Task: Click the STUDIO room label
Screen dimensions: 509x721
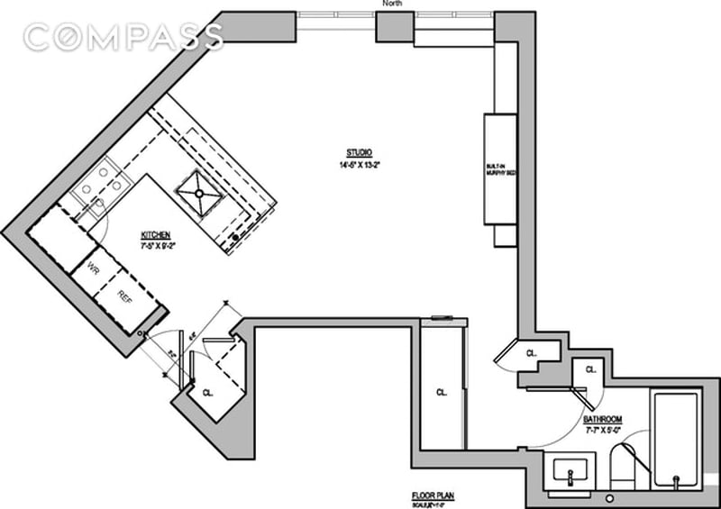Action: pyautogui.click(x=359, y=152)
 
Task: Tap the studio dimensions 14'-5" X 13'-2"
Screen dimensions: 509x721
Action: pyautogui.click(x=359, y=165)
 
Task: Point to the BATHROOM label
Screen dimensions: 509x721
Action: pyautogui.click(x=601, y=421)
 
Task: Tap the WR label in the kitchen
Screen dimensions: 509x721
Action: pyautogui.click(x=93, y=267)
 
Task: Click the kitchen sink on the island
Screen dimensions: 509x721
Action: pyautogui.click(x=197, y=192)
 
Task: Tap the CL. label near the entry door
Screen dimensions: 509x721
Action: pyautogui.click(x=206, y=393)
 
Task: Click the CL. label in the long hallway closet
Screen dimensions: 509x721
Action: pyautogui.click(x=442, y=392)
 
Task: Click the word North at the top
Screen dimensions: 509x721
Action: pyautogui.click(x=393, y=5)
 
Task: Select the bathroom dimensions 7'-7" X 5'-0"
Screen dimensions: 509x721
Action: pyautogui.click(x=601, y=432)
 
